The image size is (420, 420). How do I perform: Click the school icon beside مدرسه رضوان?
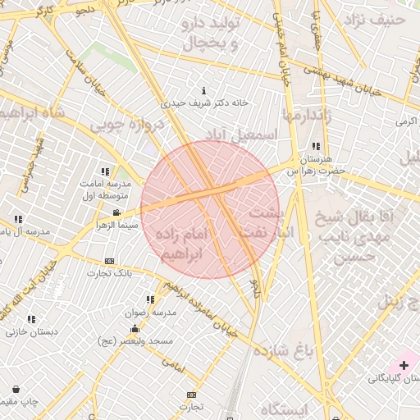149,300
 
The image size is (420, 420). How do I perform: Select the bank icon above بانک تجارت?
110,261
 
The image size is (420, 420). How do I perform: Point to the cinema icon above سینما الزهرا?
116,212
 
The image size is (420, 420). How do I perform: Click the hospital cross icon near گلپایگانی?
404,363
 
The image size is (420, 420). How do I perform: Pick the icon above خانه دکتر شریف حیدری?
203,91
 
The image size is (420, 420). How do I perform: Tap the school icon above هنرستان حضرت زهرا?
315,146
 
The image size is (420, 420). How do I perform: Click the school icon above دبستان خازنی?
31,320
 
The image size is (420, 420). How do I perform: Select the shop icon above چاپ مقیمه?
16,389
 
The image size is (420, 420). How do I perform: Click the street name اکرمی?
406,121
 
